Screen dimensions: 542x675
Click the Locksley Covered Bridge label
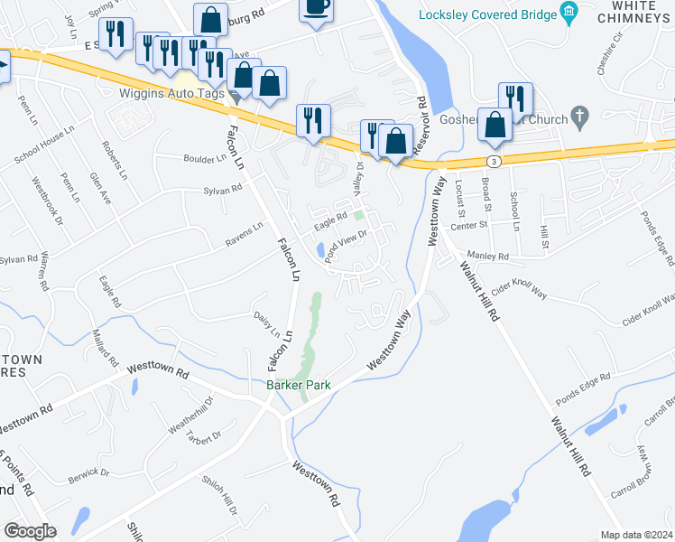tap(486, 14)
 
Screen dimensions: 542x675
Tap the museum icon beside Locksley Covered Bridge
tap(569, 14)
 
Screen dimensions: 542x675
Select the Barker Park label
tap(298, 385)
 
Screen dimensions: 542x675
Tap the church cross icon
tap(581, 117)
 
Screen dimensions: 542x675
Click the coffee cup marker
tap(316, 7)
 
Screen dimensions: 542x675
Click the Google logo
tap(30, 531)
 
